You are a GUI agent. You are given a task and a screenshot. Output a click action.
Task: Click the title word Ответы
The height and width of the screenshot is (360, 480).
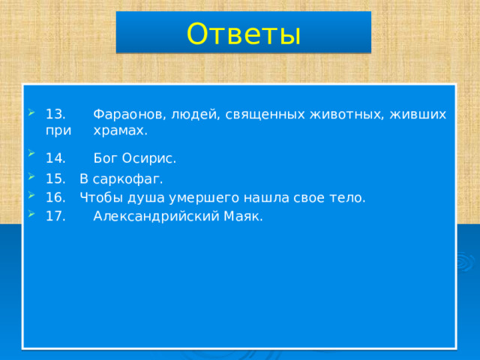tap(243, 33)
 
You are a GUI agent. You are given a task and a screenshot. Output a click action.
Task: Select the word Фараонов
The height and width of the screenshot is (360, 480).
tap(128, 115)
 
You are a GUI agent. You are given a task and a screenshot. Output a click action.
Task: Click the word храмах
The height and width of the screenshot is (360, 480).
tap(120, 130)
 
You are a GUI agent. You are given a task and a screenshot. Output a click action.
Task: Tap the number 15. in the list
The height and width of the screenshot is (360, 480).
tap(55, 179)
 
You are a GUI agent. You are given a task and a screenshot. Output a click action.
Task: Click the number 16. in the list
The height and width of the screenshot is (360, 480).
tap(55, 198)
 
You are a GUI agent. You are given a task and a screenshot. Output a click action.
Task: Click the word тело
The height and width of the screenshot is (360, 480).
tap(349, 198)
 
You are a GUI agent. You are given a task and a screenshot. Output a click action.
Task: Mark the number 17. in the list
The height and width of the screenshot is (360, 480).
tap(55, 217)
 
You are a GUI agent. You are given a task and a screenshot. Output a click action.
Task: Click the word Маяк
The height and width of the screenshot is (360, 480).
tap(241, 217)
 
